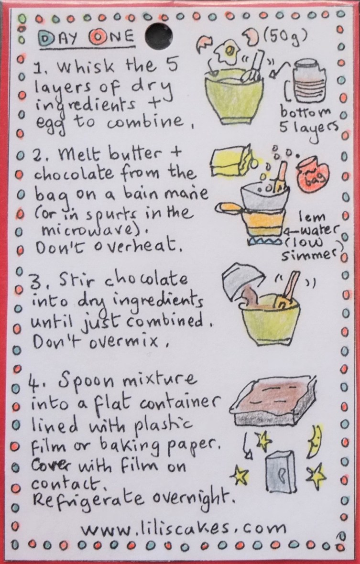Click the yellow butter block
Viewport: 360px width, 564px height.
(229, 163)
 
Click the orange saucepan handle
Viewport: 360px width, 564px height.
(228, 207)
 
